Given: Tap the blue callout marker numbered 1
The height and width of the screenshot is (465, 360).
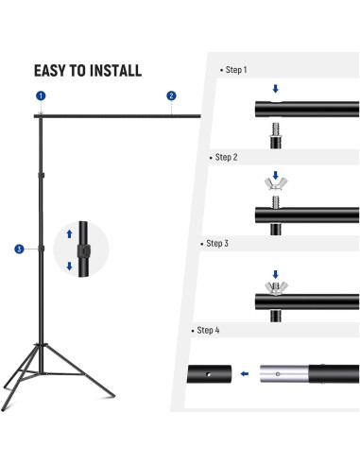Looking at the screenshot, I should pos(41,96).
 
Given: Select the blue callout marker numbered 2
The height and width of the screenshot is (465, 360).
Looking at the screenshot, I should pos(171,95).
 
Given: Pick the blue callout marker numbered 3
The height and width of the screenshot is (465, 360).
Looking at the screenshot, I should pos(19,249).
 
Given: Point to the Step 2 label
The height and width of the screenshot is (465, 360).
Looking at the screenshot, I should pos(226,157).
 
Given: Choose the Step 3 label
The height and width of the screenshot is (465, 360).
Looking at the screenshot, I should pos(217,243).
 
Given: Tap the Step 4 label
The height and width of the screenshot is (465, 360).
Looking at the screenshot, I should pos(209,330).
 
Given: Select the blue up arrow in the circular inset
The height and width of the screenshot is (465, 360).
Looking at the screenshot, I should pos(69,232).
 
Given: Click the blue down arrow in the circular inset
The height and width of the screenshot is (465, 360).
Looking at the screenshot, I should pos(69,266).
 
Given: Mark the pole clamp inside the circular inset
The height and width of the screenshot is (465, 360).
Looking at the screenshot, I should pos(83,250).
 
